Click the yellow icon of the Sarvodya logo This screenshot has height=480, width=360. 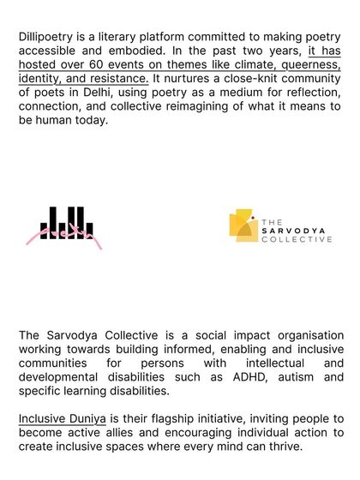point(243,225)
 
